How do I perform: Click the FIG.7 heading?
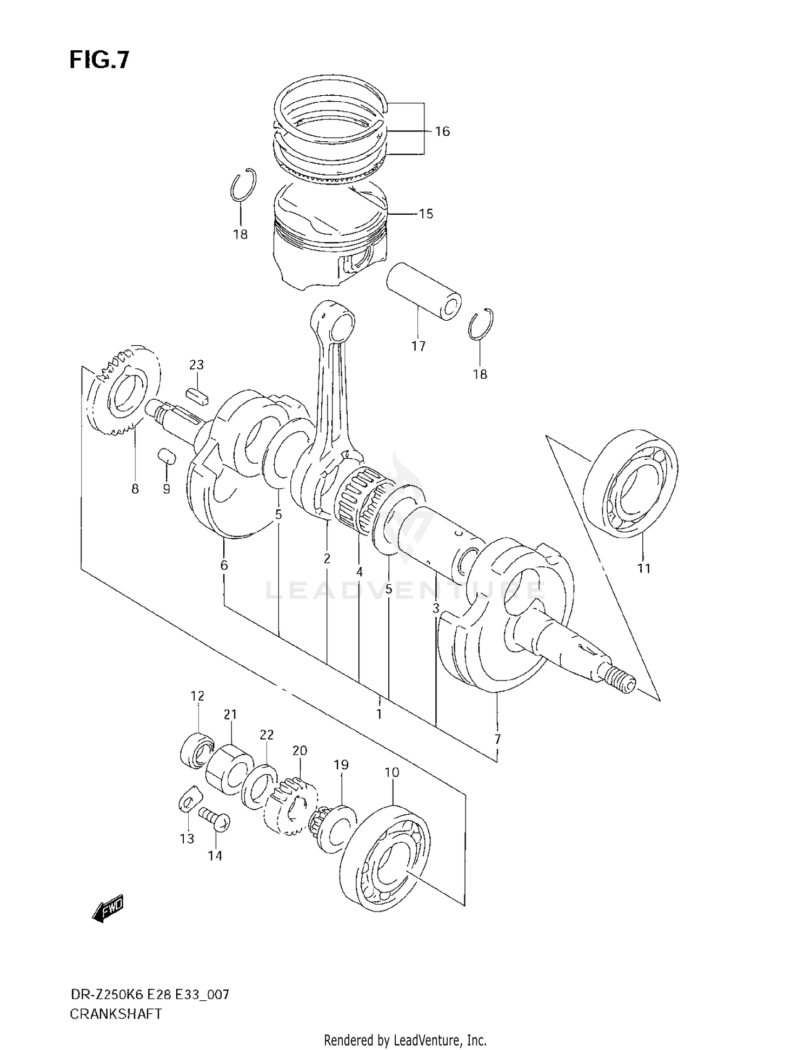click(99, 60)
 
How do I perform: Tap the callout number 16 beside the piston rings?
click(442, 131)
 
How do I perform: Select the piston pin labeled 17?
click(424, 290)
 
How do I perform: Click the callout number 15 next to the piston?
click(426, 214)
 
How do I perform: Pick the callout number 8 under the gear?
click(135, 489)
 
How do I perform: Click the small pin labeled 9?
click(167, 455)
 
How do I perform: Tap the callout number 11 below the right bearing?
click(643, 569)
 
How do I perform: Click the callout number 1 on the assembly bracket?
click(379, 714)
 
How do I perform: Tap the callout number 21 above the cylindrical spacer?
click(230, 715)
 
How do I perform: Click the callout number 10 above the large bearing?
click(391, 772)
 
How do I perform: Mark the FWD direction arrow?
click(109, 907)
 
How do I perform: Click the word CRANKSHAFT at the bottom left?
click(116, 1014)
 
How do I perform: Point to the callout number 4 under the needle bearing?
click(359, 572)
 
